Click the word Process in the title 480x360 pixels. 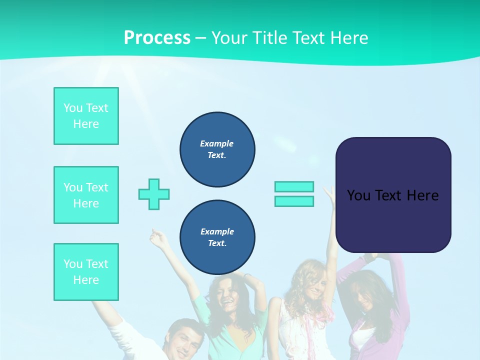click(157, 38)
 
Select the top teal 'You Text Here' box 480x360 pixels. click(86, 116)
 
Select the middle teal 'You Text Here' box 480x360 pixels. click(86, 195)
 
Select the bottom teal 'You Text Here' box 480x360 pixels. click(86, 272)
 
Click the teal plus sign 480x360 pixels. click(154, 194)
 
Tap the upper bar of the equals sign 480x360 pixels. click(294, 186)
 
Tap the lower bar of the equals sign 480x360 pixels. click(294, 201)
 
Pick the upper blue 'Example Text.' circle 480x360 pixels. click(217, 149)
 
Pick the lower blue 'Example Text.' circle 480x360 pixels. click(217, 237)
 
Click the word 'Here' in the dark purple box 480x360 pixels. click(422, 195)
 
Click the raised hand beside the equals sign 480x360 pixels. click(329, 193)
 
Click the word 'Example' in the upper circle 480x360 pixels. click(217, 143)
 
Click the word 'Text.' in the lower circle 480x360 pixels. click(217, 243)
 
